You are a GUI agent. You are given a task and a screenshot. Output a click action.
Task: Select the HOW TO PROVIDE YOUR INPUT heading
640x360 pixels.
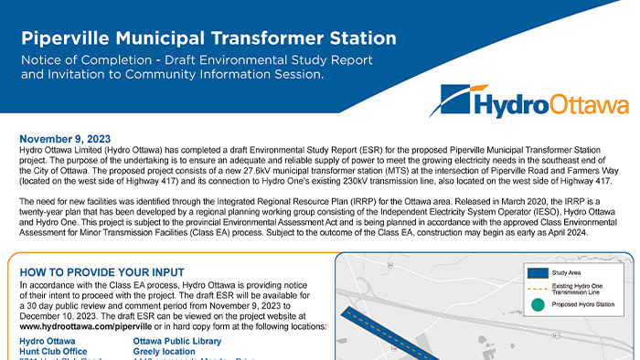[101, 272]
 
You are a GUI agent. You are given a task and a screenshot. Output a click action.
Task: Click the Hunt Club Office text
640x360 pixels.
[53, 351]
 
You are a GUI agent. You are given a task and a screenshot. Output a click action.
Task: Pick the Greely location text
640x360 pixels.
[165, 351]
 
